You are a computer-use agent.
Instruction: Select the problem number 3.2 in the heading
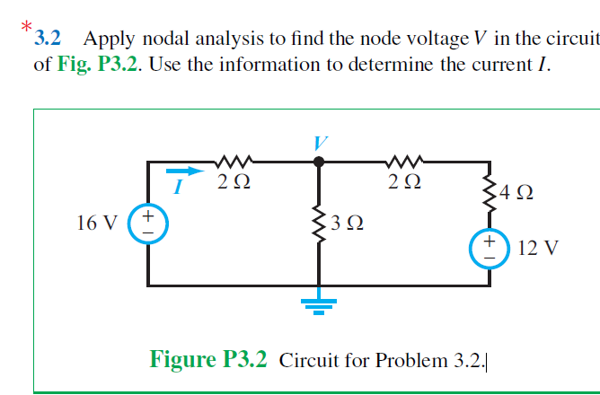[47, 39]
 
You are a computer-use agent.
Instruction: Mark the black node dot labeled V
[318, 162]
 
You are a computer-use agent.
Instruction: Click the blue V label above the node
[320, 143]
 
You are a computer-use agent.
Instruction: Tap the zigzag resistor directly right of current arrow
[235, 162]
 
